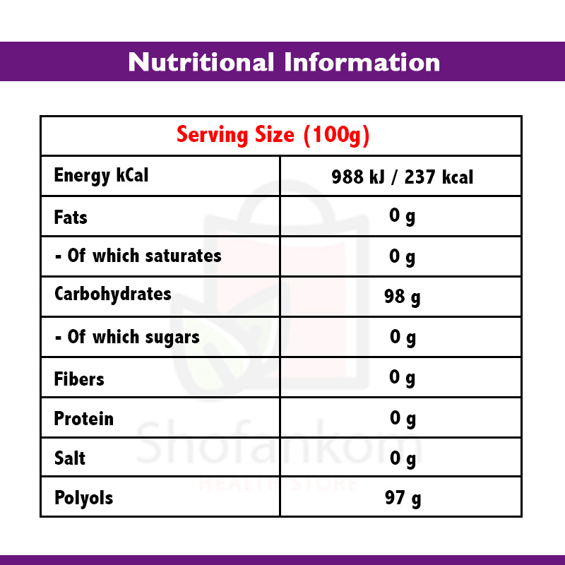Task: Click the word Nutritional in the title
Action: coord(202,62)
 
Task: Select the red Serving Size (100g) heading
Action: coord(273,135)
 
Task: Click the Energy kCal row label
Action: coord(101,176)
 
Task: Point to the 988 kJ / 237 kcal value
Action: coord(402,177)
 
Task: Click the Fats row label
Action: coord(71,217)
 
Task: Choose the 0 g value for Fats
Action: coord(402,216)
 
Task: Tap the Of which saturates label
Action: coord(138,256)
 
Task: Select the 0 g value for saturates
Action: coord(402,256)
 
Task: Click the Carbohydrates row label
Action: coord(112,294)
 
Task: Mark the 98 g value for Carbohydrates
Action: coord(402,297)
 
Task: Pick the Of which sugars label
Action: coord(127,338)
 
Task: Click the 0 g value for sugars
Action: coord(402,337)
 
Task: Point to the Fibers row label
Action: coord(79,379)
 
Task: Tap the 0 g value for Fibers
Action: coord(402,378)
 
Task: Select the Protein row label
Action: coord(83,419)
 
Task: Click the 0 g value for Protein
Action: coord(402,418)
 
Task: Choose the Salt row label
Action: coord(70,458)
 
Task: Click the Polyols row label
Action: coord(83,498)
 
